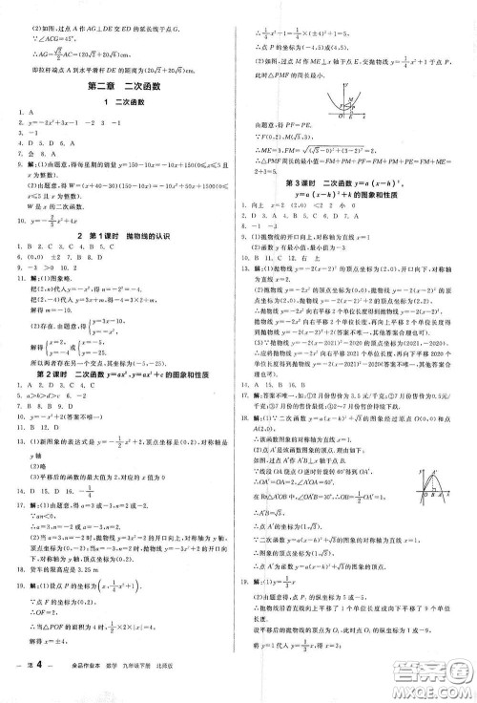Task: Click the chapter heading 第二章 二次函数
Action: coord(123,89)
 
